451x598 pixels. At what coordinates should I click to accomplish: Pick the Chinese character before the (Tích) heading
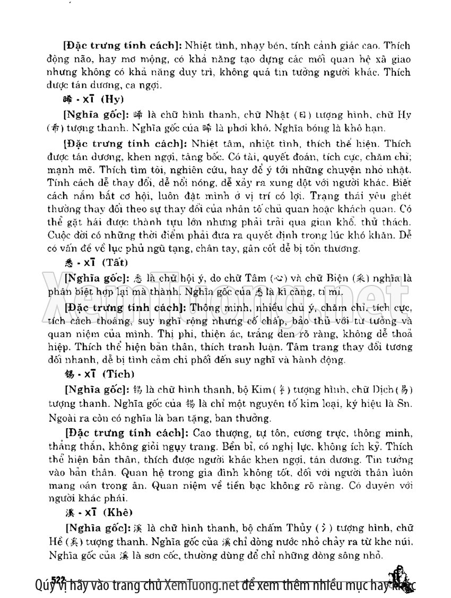[x=68, y=375]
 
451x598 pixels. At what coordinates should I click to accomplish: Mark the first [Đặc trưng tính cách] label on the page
[x=99, y=47]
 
